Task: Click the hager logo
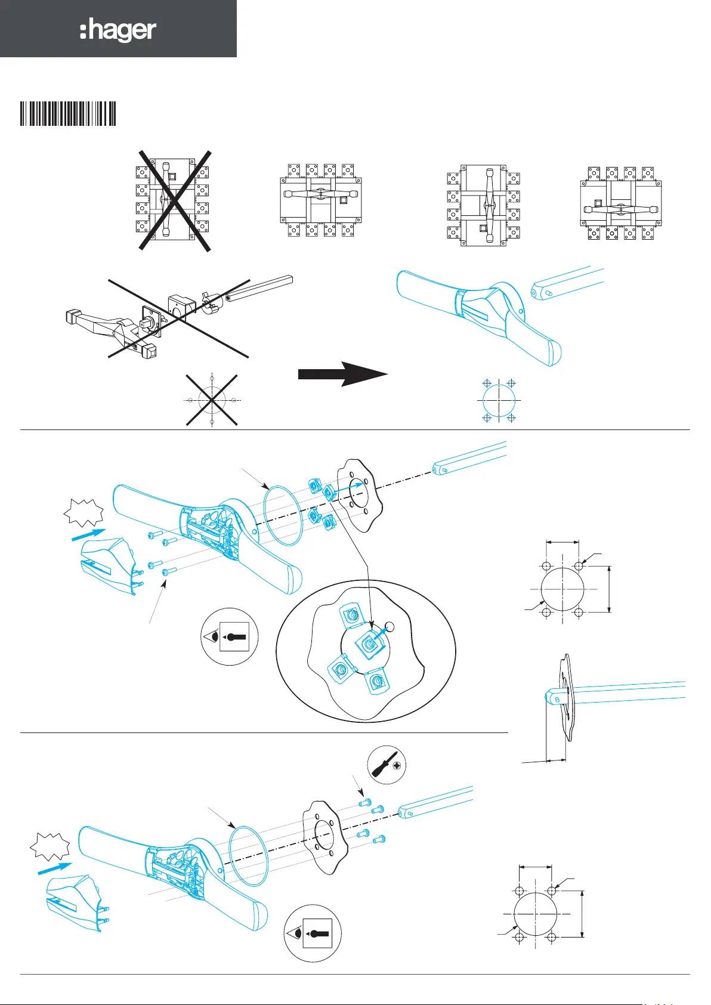[118, 30]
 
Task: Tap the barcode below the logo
[68, 113]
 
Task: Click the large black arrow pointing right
[342, 374]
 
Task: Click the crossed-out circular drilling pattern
[212, 400]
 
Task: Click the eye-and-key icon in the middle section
[230, 636]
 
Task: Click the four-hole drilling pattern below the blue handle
[499, 400]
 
